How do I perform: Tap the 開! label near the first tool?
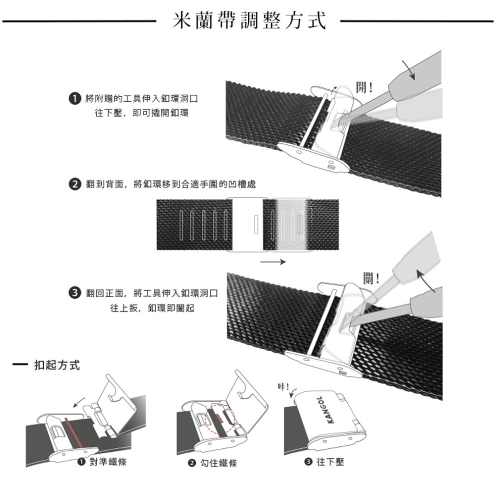[366, 88]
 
